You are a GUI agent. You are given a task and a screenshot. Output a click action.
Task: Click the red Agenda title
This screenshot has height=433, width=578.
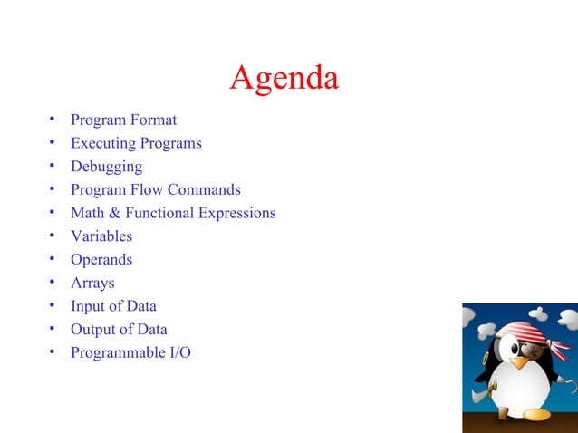coord(284,78)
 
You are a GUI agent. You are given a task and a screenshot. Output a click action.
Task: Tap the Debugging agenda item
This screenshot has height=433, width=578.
coord(106,167)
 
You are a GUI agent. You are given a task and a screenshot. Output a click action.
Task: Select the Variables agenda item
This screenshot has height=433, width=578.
coord(101,236)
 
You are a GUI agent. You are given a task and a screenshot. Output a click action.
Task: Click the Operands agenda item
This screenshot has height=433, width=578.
coord(101,260)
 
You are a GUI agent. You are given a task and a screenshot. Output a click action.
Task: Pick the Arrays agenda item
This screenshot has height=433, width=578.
coord(92,284)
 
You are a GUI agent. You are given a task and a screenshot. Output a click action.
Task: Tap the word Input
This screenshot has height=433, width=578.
coord(89,306)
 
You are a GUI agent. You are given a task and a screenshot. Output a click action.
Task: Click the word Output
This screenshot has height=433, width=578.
coord(94,330)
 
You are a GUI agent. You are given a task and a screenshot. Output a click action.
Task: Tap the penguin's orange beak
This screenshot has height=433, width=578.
coord(519,361)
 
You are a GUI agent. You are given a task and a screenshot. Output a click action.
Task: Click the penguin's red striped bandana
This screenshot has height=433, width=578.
coord(525,330)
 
